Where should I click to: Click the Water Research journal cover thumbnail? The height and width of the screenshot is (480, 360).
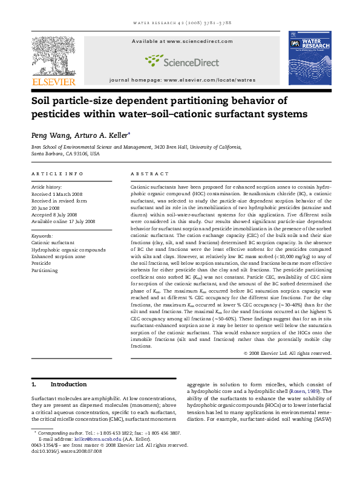tap(309, 60)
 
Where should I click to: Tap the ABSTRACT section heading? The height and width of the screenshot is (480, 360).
tap(145, 174)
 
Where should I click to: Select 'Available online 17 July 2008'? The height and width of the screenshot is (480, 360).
tap(64, 221)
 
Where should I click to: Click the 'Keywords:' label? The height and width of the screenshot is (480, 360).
tap(42, 235)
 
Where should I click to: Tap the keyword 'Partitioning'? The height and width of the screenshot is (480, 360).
tap(45, 270)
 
